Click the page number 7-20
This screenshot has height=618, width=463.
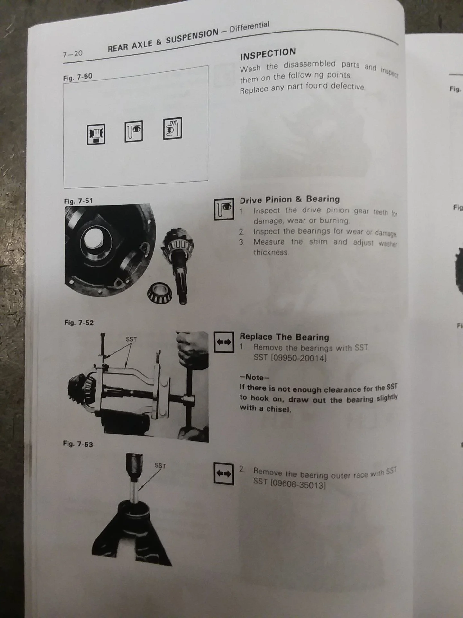[73, 53]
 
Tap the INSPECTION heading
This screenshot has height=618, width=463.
[268, 54]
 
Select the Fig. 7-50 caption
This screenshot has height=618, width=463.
[77, 77]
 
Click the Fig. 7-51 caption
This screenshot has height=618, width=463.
[78, 201]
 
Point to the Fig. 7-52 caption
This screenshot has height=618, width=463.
[79, 323]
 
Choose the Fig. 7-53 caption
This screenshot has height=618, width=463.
[78, 444]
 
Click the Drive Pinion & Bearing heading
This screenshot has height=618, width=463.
[289, 200]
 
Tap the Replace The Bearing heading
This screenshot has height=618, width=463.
[284, 337]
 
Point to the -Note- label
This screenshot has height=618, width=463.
[254, 377]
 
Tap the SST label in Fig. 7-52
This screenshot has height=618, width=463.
[131, 339]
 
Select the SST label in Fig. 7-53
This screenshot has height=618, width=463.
[160, 465]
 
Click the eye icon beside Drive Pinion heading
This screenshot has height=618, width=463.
[224, 209]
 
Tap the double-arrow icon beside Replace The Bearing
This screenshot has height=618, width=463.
[224, 342]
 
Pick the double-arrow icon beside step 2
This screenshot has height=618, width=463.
[223, 473]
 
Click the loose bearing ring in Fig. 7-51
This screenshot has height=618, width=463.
[159, 294]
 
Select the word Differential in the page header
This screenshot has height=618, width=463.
[250, 28]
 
